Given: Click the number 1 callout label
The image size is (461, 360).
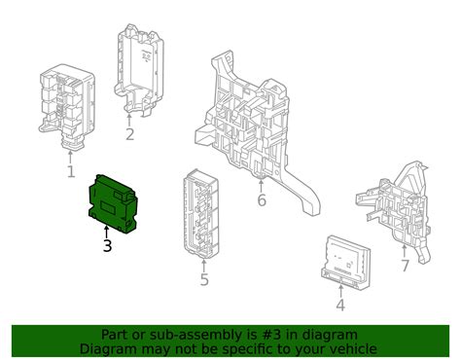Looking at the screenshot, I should click(x=70, y=172).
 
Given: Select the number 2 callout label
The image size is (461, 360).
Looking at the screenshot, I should click(x=129, y=134).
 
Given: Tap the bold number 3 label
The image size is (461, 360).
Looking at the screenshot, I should click(x=107, y=246).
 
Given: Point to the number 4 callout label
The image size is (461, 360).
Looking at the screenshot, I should click(x=339, y=306).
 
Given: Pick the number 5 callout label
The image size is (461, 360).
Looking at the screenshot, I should click(x=204, y=280).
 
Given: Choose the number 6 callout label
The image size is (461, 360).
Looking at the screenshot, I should click(x=261, y=200).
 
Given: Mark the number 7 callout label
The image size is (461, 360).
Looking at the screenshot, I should click(x=405, y=266).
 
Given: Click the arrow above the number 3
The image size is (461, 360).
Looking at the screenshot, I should click(x=107, y=230).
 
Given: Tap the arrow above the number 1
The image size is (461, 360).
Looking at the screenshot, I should click(x=69, y=157).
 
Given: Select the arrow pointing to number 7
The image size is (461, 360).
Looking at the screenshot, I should click(x=405, y=250).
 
